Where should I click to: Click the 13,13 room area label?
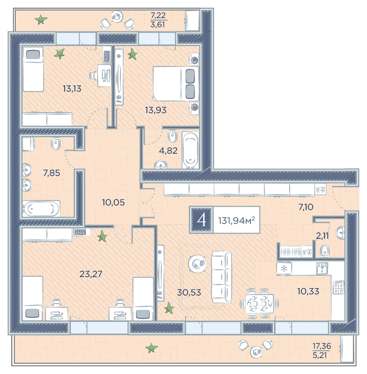(72, 89)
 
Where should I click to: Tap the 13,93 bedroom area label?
(155, 110)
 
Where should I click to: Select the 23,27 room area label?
(91, 274)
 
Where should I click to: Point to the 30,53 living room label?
(189, 292)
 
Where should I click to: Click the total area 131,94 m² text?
(237, 220)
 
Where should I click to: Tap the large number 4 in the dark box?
(201, 220)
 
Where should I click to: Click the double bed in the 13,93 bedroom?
(176, 83)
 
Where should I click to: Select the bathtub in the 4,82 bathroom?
(191, 150)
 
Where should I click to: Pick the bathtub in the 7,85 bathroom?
(41, 209)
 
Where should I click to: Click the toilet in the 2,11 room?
(325, 251)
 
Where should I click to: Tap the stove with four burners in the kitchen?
(339, 287)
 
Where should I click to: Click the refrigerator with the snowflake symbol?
(284, 269)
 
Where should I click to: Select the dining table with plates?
(259, 303)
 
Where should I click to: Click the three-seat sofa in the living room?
(221, 277)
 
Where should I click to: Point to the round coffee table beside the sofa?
(197, 263)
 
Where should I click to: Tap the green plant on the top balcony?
(41, 19)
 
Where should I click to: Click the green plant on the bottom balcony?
(152, 348)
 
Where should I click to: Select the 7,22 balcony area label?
(158, 15)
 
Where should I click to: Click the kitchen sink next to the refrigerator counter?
(322, 268)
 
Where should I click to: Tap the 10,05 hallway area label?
(114, 202)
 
